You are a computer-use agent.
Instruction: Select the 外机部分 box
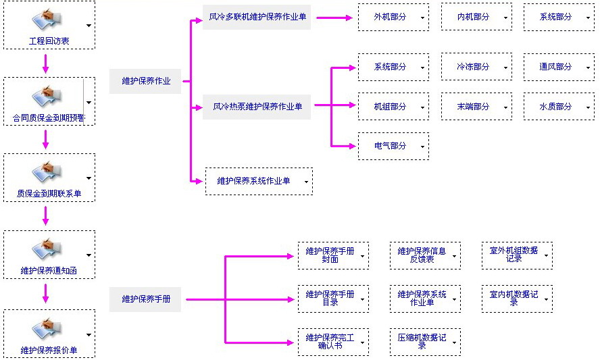391,17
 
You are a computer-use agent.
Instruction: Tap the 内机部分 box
473,17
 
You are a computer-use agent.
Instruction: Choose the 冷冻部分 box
473,67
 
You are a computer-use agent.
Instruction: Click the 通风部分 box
555,67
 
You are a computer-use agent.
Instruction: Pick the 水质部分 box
555,107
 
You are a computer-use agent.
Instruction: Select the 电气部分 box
391,146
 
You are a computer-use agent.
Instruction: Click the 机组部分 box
391,107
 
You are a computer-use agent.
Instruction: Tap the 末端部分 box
473,107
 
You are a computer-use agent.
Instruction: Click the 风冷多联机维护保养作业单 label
256,17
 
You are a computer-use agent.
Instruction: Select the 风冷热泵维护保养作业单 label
257,107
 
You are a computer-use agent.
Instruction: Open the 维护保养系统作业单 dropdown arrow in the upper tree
306,182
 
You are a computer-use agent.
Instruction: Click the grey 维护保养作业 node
146,81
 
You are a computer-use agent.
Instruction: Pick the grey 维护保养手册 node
146,299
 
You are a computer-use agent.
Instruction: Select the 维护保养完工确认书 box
330,341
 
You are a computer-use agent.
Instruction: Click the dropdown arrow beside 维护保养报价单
89,335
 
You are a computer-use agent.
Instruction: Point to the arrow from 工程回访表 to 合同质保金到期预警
46,63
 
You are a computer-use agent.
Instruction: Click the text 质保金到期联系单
49,195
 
